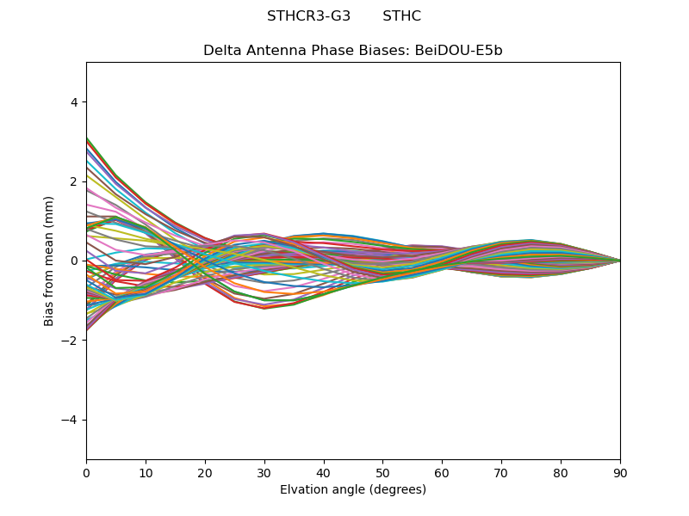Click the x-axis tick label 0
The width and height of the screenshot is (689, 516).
[x=86, y=472]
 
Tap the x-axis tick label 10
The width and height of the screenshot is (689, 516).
[x=146, y=472]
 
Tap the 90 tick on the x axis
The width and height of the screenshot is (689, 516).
[x=620, y=472]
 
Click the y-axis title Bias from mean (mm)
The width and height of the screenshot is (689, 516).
[x=50, y=261]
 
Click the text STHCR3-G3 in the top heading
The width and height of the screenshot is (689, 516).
[x=308, y=16]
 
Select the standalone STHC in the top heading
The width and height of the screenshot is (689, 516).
[x=401, y=16]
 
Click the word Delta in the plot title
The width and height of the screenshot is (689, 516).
[x=220, y=51]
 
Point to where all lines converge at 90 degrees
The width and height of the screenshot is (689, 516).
[x=620, y=261]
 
